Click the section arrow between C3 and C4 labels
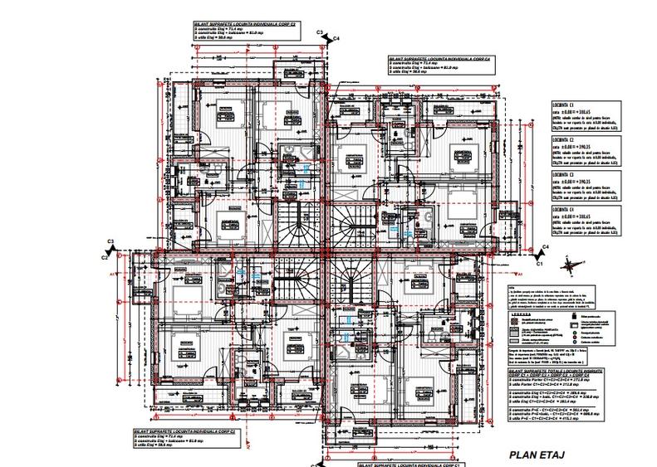point(327,35)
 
